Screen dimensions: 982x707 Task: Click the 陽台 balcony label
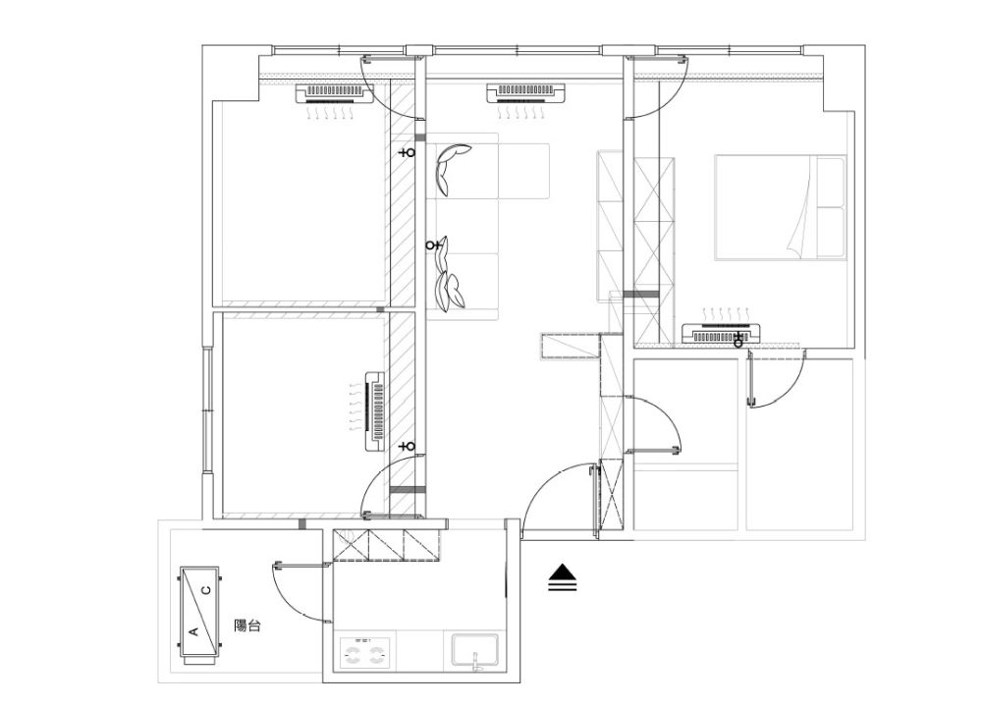[246, 625]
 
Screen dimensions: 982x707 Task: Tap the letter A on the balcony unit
[193, 631]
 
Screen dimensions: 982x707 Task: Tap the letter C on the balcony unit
[206, 589]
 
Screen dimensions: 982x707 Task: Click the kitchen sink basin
[474, 651]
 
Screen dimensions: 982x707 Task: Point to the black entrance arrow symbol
[563, 578]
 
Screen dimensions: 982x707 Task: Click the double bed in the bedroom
[781, 207]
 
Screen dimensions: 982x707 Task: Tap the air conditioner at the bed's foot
[721, 333]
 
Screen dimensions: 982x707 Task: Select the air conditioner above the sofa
[526, 93]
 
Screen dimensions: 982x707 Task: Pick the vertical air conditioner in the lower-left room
[374, 410]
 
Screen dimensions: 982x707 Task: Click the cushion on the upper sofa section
[450, 169]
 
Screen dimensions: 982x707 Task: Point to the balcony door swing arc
[295, 593]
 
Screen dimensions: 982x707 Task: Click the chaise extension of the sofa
[523, 171]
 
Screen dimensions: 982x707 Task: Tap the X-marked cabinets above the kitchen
[386, 544]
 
